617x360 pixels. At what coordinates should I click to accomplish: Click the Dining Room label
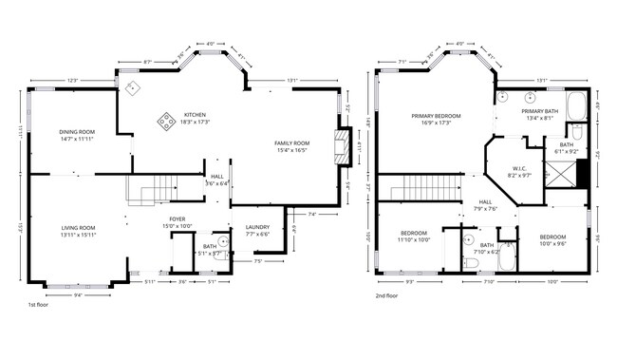(x=76, y=136)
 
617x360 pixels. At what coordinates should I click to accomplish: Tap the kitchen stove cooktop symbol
(x=166, y=120)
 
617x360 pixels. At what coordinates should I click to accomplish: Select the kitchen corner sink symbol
(x=131, y=86)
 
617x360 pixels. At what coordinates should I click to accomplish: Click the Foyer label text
(x=178, y=222)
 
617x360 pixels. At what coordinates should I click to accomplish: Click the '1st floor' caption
(x=39, y=305)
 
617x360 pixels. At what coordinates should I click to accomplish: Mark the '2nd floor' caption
(x=387, y=295)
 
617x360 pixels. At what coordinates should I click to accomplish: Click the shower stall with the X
(x=564, y=173)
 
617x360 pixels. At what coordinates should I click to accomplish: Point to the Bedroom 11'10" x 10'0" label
(x=413, y=237)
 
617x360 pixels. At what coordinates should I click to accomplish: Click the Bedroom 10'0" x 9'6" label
(x=552, y=239)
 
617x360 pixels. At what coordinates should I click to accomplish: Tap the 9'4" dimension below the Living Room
(x=78, y=294)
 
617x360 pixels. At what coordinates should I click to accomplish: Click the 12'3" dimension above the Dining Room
(x=72, y=81)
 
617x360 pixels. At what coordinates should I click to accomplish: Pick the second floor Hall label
(x=485, y=205)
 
